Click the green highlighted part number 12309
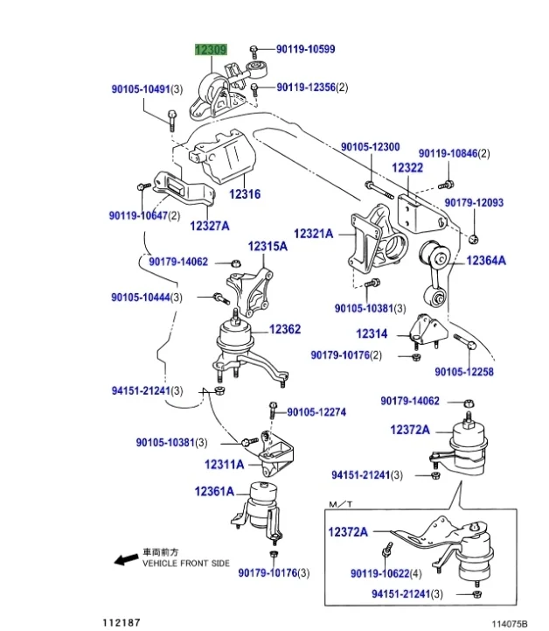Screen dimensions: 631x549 pyautogui.click(x=211, y=51)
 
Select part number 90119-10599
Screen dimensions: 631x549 pyautogui.click(x=305, y=50)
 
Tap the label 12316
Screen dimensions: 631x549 pyautogui.click(x=245, y=194)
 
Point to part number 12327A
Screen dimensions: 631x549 pyautogui.click(x=209, y=226)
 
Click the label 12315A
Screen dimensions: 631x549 pyautogui.click(x=267, y=247)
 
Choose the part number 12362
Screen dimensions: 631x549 pyautogui.click(x=284, y=329)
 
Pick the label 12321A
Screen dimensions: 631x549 pyautogui.click(x=314, y=234)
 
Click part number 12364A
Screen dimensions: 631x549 pyautogui.click(x=485, y=260)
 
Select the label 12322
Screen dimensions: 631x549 pyautogui.click(x=407, y=167)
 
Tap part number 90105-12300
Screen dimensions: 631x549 pyautogui.click(x=370, y=147)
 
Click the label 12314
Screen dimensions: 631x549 pyautogui.click(x=371, y=333)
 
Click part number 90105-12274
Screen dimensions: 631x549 pyautogui.click(x=316, y=411)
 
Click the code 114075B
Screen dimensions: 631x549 pyautogui.click(x=511, y=622)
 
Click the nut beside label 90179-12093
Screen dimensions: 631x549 pyautogui.click(x=473, y=237)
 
